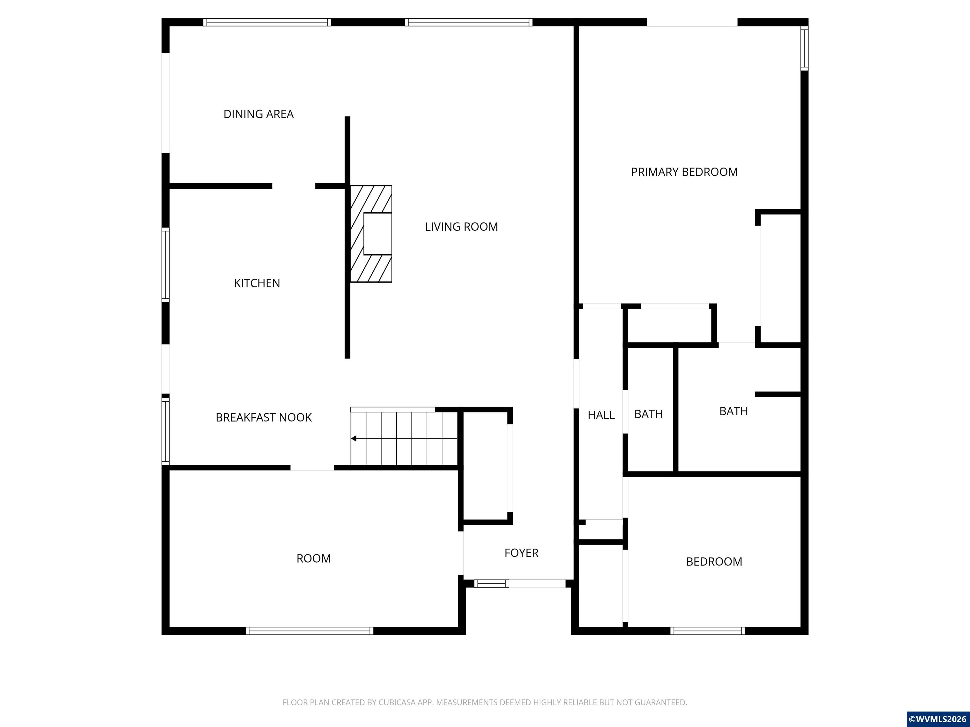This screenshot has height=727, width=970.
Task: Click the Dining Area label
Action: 258,114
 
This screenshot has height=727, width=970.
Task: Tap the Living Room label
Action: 461,227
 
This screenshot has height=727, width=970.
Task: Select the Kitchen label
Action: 257,283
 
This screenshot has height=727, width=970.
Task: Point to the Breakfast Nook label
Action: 264,417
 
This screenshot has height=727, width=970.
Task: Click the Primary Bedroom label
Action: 684,172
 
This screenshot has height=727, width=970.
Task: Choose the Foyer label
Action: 521,553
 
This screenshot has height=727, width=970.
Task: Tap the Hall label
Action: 601,415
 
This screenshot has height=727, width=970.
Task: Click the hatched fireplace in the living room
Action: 371,233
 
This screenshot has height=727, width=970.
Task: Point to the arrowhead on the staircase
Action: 353,438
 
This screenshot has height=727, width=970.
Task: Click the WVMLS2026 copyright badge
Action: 938,719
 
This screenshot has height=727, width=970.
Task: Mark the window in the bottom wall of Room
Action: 309,630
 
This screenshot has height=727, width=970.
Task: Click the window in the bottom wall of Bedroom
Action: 707,630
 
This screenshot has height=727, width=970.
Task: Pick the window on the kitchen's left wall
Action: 165,265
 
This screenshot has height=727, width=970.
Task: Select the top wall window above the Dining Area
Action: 267,22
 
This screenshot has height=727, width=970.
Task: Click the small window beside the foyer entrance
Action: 491,583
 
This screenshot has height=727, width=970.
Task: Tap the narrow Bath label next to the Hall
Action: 649,414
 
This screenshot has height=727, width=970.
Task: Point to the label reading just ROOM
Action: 314,558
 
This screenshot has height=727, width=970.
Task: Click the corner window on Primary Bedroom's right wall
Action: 804,48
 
